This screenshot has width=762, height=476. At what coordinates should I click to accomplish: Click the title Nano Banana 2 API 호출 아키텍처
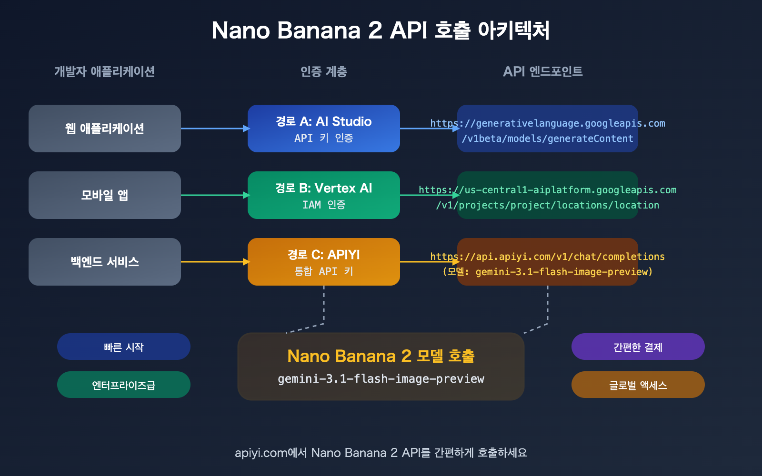coord(381,30)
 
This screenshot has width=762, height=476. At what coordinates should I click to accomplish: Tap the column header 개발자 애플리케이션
coord(104,71)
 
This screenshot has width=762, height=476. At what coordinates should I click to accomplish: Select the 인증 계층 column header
coord(323,71)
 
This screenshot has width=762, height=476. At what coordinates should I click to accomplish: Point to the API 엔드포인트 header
coord(542,71)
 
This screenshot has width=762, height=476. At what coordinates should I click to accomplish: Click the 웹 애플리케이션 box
coord(105,129)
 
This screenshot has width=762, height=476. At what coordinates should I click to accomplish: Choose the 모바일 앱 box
coord(105,195)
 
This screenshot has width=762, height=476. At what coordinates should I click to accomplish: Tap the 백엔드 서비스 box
coord(105,262)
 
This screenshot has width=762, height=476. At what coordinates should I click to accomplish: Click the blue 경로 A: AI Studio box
coord(324,129)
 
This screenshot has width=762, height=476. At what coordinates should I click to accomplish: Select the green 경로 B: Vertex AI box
coord(324,195)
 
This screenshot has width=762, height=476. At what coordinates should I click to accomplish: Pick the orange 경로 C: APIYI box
coord(324,262)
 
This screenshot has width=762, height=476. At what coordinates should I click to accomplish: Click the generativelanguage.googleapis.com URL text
coord(548,124)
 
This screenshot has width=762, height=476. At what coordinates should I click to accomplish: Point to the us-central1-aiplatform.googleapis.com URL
coord(548,190)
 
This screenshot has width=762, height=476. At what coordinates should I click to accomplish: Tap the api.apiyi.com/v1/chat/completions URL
coord(548,257)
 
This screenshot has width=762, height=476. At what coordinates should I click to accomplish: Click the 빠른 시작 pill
coord(124,347)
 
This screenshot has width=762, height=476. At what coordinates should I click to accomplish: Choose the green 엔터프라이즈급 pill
coord(124,385)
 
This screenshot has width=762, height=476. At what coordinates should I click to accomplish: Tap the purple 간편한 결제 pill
coord(638,347)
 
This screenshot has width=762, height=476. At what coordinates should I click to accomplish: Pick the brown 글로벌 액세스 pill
coord(638,385)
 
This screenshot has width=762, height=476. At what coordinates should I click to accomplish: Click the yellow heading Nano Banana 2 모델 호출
coord(381,356)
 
